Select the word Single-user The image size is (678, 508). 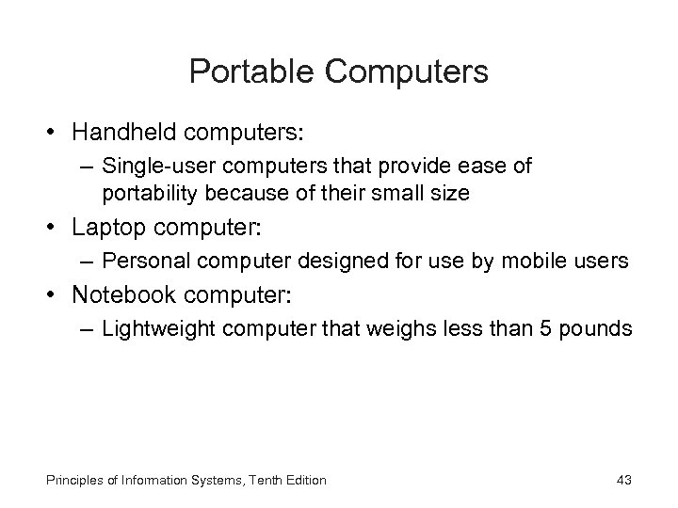151,167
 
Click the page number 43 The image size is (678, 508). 622,480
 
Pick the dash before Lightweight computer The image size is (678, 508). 88,330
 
